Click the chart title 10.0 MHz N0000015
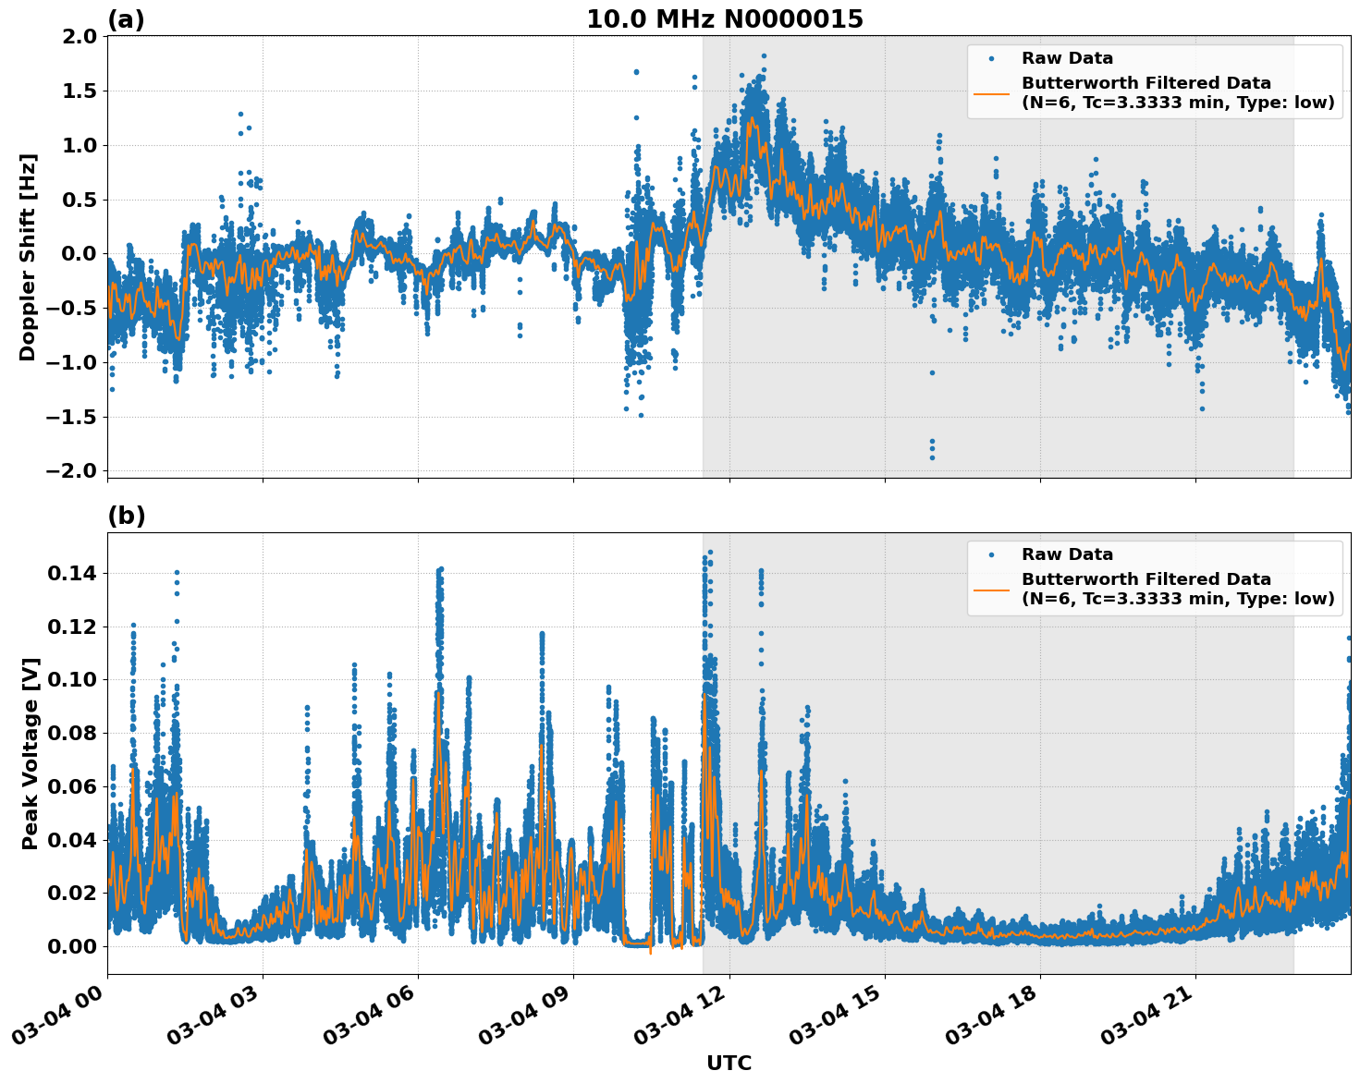724,19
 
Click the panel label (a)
126,19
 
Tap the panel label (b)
126,516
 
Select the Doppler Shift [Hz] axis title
28,257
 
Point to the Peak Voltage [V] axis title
31,753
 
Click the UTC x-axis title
729,1063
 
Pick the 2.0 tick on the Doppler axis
78,37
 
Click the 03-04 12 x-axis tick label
680,1016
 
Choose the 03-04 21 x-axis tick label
1146,1016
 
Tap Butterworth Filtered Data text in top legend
1146,83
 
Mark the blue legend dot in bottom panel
992,554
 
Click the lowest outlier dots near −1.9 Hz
932,450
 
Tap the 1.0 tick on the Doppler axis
78,145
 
